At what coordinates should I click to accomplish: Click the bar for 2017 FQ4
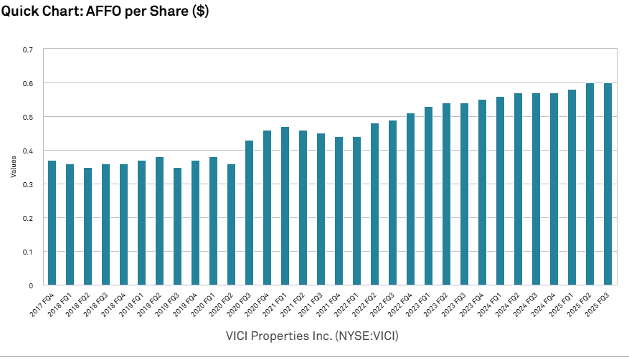point(52,222)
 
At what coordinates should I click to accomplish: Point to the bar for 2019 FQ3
point(177,226)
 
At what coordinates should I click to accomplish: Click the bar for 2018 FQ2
point(88,226)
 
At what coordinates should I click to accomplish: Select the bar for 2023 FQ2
point(446,194)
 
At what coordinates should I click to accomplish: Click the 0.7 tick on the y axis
point(28,49)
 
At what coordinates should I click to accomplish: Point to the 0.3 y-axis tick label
point(28,184)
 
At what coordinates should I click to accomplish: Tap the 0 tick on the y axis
point(31,285)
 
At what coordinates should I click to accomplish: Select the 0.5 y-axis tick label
point(28,117)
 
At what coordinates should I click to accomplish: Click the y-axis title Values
point(13,168)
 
